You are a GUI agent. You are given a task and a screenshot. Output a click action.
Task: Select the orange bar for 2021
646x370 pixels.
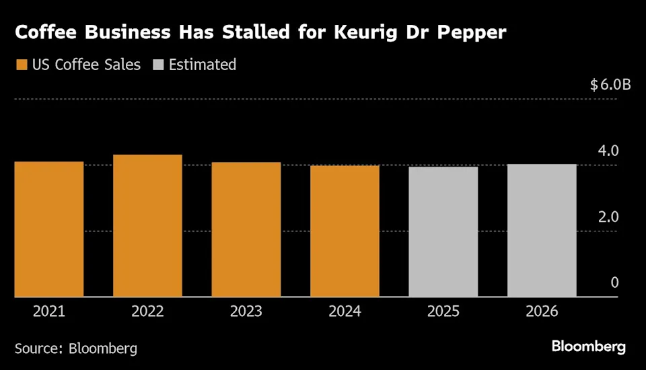coord(49,229)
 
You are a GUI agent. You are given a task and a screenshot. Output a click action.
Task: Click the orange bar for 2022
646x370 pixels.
coord(147,226)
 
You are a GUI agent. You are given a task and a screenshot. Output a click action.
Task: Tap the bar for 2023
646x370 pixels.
coord(246,229)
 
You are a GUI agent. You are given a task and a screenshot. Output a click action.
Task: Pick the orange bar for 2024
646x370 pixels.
coord(345,231)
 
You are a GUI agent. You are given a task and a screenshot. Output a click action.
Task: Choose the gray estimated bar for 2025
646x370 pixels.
coord(443,231)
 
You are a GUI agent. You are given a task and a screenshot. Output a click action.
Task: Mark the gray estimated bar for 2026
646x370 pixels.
coord(542,231)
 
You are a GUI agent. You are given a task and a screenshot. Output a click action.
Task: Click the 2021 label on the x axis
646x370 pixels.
coord(49,311)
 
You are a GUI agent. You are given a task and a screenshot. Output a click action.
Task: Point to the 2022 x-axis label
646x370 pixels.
coord(147,311)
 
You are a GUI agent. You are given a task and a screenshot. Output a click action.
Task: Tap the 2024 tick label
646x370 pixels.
coord(345,311)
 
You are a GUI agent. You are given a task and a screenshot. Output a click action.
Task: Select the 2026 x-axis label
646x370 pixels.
coord(542,311)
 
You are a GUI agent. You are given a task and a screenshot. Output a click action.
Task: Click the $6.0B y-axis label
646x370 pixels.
coord(610,85)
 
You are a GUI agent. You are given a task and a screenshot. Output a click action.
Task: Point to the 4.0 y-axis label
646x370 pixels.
coord(609,151)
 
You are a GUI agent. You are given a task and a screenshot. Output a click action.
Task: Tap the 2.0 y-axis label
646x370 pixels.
coord(609,217)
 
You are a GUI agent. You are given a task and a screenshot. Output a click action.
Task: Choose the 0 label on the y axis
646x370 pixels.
coord(614,283)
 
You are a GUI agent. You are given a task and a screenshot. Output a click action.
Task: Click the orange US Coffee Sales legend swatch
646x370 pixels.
coord(21,65)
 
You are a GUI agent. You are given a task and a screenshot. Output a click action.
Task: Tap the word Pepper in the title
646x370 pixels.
coord(473,33)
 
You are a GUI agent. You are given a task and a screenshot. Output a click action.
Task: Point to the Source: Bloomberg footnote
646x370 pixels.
coord(76,348)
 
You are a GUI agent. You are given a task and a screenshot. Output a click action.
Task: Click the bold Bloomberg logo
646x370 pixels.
coord(589,347)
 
